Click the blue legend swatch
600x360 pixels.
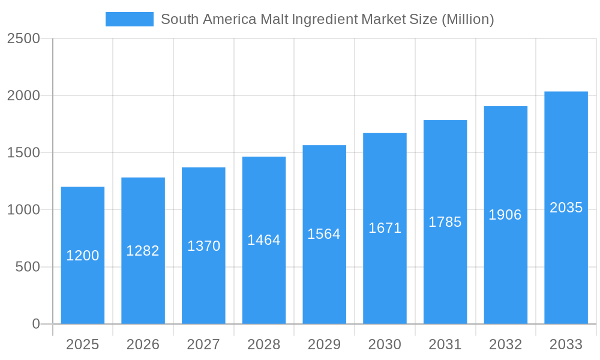(x=129, y=19)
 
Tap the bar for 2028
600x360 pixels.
(x=264, y=282)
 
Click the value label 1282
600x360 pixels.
(x=143, y=251)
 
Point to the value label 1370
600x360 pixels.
(x=204, y=246)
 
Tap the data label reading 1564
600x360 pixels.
(x=324, y=234)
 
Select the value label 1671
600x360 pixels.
(x=385, y=228)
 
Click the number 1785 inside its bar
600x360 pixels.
(x=445, y=222)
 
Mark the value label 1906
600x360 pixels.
(x=505, y=215)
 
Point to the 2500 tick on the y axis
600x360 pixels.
(x=24, y=38)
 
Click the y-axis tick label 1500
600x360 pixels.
(x=24, y=152)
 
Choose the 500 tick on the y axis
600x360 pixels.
(x=28, y=267)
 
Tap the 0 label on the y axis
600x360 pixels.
(x=36, y=324)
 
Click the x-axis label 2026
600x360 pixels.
(x=143, y=344)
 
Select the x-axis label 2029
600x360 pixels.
(x=324, y=344)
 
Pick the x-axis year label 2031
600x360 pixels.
(x=445, y=344)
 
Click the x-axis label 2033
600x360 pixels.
(x=566, y=344)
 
